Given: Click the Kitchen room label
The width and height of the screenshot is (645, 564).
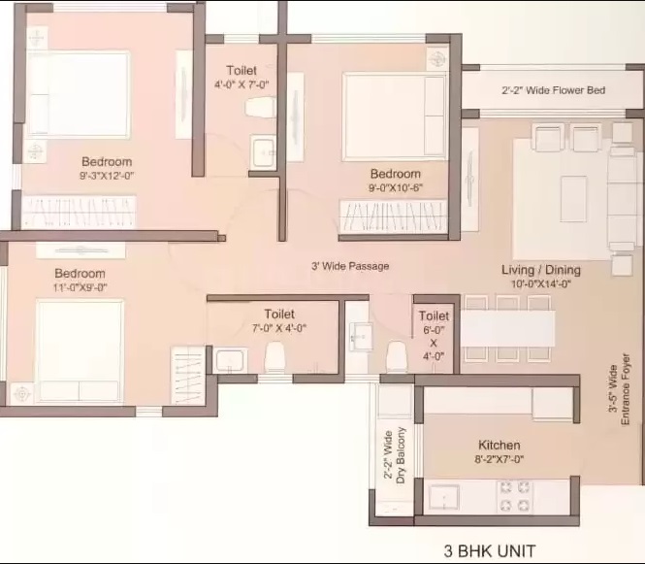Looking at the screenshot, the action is (499, 445).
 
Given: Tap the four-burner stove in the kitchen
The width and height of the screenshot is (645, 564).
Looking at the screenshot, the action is (515, 496).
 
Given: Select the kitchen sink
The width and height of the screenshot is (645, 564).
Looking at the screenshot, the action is (444, 497).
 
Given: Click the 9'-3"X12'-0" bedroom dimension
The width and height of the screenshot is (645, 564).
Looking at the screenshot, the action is (107, 176).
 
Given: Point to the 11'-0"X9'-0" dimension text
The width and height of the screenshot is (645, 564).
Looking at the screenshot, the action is (81, 287).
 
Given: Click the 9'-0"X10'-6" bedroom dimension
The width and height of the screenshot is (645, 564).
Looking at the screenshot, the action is (396, 187).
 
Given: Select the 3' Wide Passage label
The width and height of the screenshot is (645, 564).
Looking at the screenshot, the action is (350, 266).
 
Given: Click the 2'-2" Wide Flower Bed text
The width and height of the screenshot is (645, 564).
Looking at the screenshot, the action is (553, 90).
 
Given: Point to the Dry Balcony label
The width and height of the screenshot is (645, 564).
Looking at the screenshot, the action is (401, 455).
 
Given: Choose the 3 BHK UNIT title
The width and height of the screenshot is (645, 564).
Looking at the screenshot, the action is (490, 550).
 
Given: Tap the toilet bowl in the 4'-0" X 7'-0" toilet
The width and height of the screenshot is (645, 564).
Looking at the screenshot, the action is (260, 108).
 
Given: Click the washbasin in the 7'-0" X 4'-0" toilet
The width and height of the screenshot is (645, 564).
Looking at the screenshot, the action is (231, 361).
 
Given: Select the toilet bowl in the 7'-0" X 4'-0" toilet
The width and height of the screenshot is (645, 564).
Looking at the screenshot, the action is (274, 357).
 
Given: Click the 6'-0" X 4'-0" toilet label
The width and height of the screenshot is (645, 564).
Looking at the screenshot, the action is (434, 336).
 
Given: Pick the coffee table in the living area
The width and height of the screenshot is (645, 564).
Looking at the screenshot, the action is (573, 199).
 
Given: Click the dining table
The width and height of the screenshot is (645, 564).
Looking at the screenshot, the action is (507, 328).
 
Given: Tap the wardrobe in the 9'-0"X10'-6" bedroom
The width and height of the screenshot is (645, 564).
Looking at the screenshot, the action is (393, 216).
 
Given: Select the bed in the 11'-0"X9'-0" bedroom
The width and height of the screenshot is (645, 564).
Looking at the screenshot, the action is (80, 350).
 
